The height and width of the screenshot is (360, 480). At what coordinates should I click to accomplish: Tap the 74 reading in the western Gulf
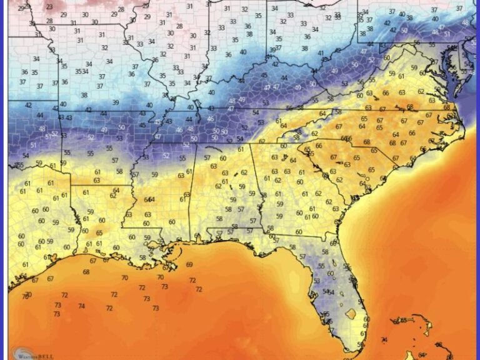81,306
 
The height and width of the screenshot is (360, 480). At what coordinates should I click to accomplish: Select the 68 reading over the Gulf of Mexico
86,272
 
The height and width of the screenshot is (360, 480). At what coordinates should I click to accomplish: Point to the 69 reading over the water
189,265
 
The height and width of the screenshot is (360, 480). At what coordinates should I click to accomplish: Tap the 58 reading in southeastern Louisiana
142,257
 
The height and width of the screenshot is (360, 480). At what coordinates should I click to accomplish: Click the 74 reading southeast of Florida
383,340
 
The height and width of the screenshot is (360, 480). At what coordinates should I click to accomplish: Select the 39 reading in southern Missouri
115,102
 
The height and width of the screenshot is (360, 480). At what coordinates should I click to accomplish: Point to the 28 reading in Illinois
179,26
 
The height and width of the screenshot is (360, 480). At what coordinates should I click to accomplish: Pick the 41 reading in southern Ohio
321,53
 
